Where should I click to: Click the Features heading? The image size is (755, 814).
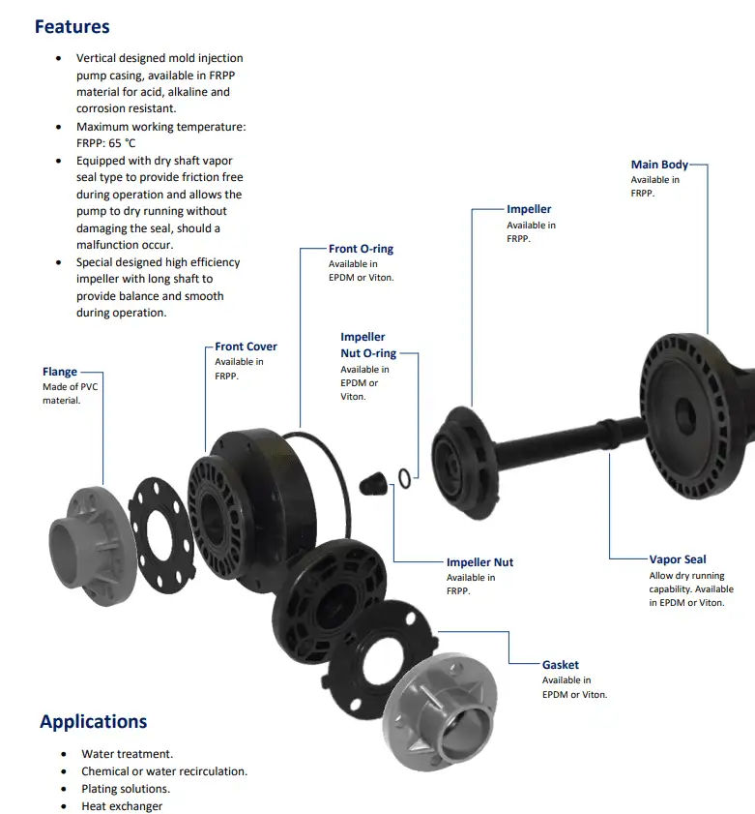pos(72,27)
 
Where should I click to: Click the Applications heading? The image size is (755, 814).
pos(93,721)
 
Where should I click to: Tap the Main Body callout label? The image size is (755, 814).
pos(659,165)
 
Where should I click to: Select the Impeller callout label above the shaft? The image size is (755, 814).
pos(529,209)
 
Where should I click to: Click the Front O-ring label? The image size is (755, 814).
pos(361,249)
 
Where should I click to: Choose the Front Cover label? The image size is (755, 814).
pos(246,347)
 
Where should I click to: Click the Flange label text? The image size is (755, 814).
pos(59,372)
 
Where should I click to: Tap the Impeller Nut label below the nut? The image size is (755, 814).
pos(479,562)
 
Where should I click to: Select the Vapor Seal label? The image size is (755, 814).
pos(678,559)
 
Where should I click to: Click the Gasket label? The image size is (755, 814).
pos(561,665)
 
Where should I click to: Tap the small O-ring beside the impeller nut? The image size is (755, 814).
pos(405,475)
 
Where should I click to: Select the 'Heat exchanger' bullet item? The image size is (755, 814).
pos(122,806)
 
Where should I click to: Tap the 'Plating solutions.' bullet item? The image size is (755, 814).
pos(126,789)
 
